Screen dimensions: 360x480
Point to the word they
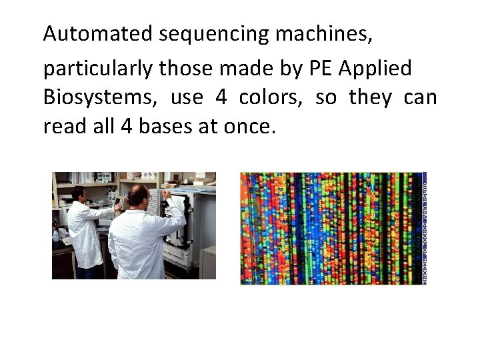coord(371,98)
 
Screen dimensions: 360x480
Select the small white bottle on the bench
coord(55,235)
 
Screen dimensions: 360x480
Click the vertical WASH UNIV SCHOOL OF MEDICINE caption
coord(425,229)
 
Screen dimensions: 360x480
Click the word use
coord(187,98)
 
